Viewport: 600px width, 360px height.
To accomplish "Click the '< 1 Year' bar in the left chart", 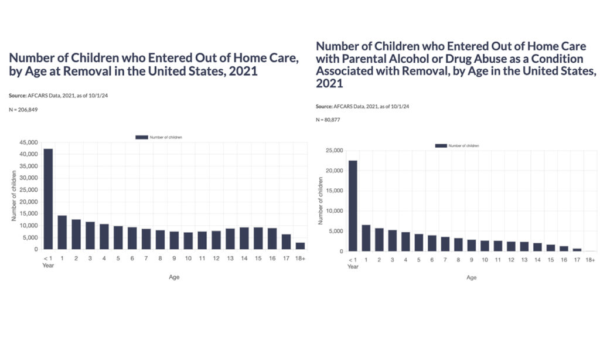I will pos(48,199).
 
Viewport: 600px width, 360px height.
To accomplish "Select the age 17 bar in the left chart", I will pos(287,242).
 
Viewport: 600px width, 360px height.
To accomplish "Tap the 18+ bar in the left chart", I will pos(300,246).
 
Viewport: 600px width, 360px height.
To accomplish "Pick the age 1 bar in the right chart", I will pos(366,238).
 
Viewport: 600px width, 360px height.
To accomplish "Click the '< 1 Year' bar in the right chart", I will pos(353,206).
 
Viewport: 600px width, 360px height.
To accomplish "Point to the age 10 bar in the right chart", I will pos(485,246).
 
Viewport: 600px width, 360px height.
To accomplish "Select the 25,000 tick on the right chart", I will pos(334,151).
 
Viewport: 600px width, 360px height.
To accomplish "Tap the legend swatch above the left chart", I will pos(142,137).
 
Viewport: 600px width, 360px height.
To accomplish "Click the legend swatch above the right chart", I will pos(441,145).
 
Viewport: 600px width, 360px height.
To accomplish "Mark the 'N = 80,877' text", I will pos(328,120).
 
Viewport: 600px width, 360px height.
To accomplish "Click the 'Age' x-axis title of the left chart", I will pos(173,277).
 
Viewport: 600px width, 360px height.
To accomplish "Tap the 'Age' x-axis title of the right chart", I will pos(472,278).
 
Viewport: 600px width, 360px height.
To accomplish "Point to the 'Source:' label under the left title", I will pos(19,94).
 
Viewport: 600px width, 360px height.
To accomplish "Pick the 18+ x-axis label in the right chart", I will pos(591,260).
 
